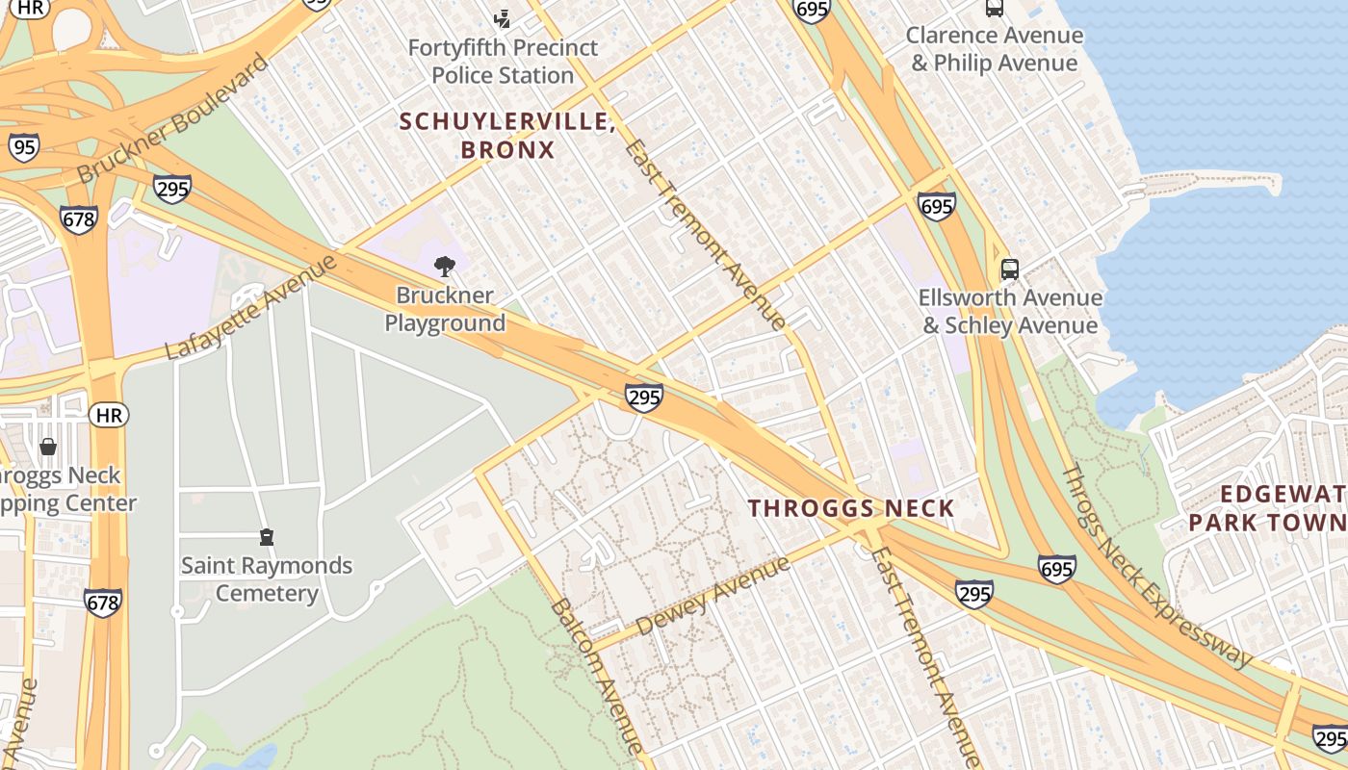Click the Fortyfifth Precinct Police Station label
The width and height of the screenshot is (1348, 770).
pyautogui.click(x=502, y=62)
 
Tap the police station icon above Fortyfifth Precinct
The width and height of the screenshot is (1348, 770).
pyautogui.click(x=502, y=18)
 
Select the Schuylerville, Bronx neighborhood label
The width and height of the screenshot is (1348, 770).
pyautogui.click(x=507, y=136)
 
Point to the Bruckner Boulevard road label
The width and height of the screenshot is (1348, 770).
pyautogui.click(x=173, y=119)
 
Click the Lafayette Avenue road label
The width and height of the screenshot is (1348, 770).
pyautogui.click(x=251, y=307)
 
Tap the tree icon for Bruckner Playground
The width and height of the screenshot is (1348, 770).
pyautogui.click(x=445, y=267)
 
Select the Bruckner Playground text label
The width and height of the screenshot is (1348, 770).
pyautogui.click(x=445, y=309)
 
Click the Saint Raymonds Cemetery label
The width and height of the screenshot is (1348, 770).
pyautogui.click(x=267, y=578)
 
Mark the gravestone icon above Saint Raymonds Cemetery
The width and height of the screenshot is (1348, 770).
pyautogui.click(x=267, y=537)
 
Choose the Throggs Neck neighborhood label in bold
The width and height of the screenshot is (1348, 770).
pyautogui.click(x=851, y=508)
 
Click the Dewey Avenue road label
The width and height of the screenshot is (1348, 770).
pyautogui.click(x=713, y=595)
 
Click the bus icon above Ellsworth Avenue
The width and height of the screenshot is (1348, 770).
pyautogui.click(x=1009, y=269)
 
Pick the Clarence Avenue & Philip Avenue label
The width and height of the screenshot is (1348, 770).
pyautogui.click(x=995, y=49)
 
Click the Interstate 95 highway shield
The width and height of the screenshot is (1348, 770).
pyautogui.click(x=24, y=147)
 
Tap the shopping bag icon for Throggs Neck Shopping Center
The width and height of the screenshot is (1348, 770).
pyautogui.click(x=47, y=448)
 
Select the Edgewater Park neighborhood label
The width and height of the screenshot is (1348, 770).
pyautogui.click(x=1271, y=508)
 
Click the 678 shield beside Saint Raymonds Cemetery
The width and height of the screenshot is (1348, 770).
pyautogui.click(x=102, y=603)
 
